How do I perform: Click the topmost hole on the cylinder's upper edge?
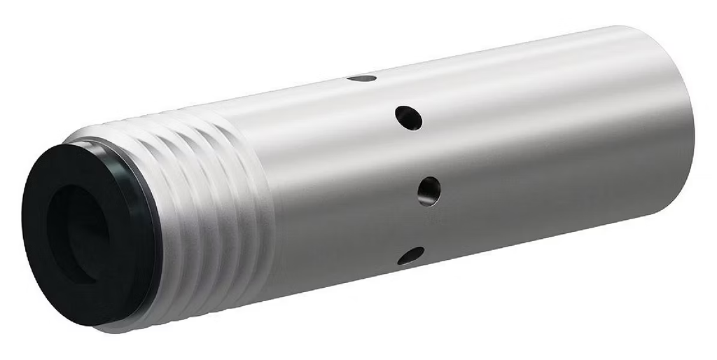coord(362,78)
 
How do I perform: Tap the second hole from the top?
coord(408,118)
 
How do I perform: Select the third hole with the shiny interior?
coord(429,191)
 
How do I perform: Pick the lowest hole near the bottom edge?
coord(411,256)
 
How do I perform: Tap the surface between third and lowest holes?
coord(420,224)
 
